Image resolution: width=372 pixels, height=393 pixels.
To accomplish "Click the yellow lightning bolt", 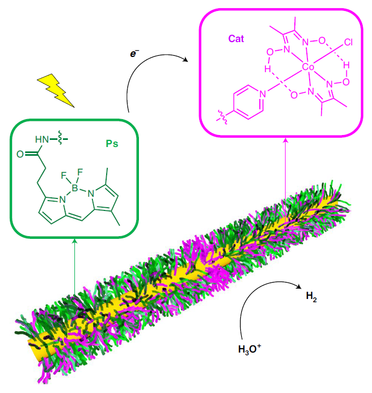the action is tap(56, 90).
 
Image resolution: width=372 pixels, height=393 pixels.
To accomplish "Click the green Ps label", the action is tap(112, 144).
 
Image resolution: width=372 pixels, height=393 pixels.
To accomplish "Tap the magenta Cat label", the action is tap(236, 39).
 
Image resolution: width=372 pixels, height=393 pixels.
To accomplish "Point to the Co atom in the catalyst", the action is tap(308, 67).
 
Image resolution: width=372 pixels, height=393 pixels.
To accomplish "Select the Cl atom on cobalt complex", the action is tap(348, 42).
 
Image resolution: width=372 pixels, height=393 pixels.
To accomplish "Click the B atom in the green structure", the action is tap(75, 187).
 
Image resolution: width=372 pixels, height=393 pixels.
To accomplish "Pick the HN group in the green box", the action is tap(42, 139).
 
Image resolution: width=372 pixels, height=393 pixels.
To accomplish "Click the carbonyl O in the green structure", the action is tap(20, 154).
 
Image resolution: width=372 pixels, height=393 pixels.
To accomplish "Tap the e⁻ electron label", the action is tap(134, 54).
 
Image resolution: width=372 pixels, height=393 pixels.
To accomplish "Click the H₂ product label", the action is tap(311, 296).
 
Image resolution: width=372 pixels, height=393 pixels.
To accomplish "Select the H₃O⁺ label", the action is tap(249, 349).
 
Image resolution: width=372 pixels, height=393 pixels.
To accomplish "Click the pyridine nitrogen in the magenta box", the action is tap(263, 94).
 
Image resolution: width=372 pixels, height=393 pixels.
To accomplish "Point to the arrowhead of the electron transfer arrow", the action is tap(185, 60).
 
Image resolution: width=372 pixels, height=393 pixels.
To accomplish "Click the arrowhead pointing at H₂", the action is tap(299, 286).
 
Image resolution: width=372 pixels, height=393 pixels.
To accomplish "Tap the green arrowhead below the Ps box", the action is tap(75, 241).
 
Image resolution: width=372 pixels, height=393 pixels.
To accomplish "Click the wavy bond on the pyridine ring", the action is tap(222, 117).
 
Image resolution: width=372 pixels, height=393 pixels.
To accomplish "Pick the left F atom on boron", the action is tap(63, 175).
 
